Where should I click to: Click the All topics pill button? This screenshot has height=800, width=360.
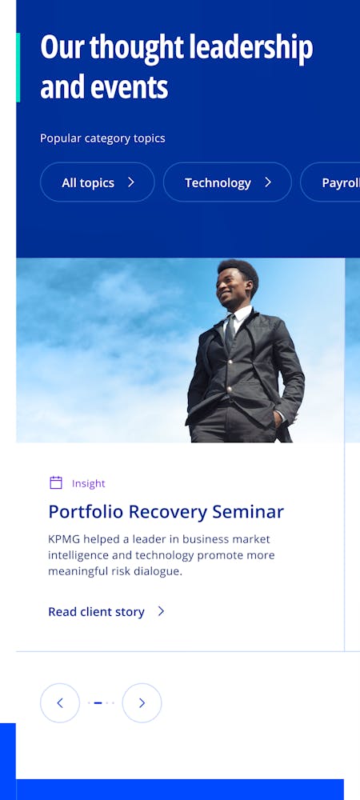[97, 182]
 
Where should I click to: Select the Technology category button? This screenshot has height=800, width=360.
[227, 182]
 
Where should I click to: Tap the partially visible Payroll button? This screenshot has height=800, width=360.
[330, 182]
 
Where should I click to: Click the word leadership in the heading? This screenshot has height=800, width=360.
[251, 47]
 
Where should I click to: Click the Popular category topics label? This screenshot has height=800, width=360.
[102, 138]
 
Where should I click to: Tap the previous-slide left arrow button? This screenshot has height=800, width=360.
[60, 703]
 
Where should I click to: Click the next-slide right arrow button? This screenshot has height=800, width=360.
[142, 703]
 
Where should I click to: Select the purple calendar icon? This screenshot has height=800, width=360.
[56, 482]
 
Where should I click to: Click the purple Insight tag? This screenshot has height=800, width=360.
[89, 484]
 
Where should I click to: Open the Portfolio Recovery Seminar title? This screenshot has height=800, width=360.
[166, 512]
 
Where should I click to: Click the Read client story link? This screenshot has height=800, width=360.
[96, 612]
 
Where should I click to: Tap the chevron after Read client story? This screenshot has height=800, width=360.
[161, 611]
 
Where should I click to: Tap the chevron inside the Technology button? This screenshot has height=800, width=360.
[268, 182]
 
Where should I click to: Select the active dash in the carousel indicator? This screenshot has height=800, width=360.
[98, 703]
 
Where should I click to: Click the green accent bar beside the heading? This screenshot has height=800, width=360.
[18, 67]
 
